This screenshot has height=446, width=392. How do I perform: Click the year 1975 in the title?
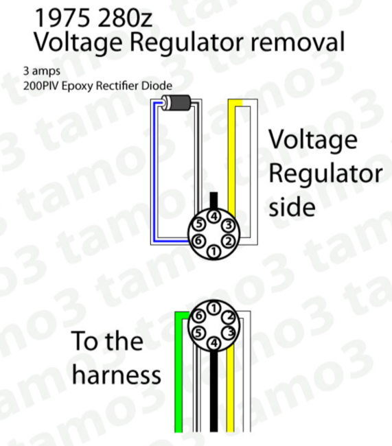tap(62, 18)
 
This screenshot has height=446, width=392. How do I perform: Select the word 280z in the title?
tap(124, 18)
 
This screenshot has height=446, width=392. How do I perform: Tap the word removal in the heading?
tap(298, 42)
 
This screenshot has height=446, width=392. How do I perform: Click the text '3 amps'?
tap(42, 71)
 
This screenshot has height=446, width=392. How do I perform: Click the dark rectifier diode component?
tap(176, 103)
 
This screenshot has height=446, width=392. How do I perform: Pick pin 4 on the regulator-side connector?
tap(214, 217)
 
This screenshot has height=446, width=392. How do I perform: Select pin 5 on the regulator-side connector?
tap(200, 224)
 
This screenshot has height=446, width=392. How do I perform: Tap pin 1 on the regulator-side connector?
tap(214, 251)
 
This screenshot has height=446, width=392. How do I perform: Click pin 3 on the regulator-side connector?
tap(229, 225)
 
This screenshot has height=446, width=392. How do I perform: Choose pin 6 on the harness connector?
tap(198, 316)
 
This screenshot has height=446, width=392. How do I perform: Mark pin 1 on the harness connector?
tap(214, 308)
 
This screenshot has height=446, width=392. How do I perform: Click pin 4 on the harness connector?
tap(214, 342)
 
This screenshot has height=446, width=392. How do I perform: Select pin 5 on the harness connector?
tap(198, 333)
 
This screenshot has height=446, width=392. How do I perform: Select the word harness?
tap(117, 374)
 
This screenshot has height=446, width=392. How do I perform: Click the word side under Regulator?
tap(292, 207)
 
